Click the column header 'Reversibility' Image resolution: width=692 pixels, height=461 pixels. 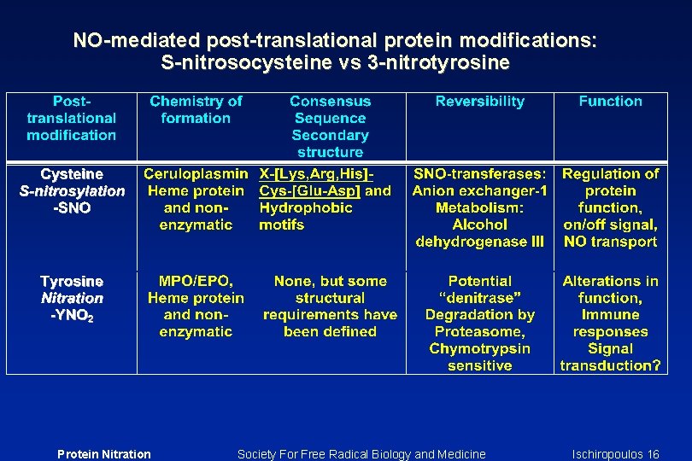tap(479, 102)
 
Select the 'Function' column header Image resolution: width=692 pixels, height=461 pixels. tap(610, 102)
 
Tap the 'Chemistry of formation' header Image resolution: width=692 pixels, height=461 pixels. tap(196, 109)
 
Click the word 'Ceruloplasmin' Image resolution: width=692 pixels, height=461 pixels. tap(196, 174)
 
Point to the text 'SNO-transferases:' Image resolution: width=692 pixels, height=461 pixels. tap(479, 174)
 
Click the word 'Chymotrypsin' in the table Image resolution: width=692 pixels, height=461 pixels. tap(479, 348)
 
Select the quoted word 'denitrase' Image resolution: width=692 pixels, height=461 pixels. tap(479, 298)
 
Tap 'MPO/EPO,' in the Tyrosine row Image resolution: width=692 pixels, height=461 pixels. tap(196, 281)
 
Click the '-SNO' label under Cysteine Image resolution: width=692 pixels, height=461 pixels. tap(72, 208)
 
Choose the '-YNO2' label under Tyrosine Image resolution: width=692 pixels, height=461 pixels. tap(72, 316)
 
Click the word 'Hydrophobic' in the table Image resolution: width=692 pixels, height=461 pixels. tap(305, 208)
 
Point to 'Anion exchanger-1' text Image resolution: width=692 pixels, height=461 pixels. tap(479, 191)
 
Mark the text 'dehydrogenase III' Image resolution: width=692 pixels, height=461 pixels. tap(479, 242)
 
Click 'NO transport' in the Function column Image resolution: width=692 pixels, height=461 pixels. tap(610, 242)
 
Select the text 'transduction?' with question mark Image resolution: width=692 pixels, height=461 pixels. tap(610, 365)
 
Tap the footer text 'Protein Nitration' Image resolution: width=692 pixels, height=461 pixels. tap(103, 454)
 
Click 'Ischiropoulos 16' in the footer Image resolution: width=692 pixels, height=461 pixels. tap(615, 454)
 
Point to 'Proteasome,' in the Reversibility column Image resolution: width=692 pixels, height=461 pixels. tap(479, 331)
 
